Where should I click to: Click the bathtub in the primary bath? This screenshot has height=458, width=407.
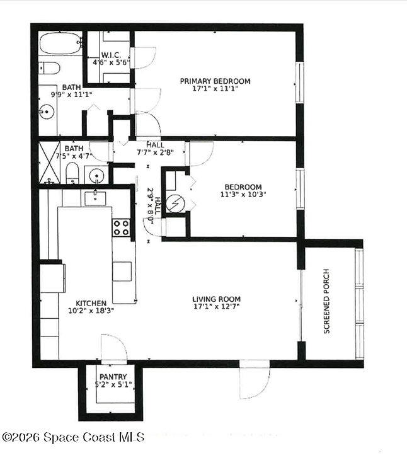pyautogui.click(x=60, y=43)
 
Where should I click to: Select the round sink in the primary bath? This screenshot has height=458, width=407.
pyautogui.click(x=47, y=112)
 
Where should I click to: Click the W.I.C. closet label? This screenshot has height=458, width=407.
pyautogui.click(x=111, y=55)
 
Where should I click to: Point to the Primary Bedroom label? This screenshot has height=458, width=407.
pyautogui.click(x=215, y=81)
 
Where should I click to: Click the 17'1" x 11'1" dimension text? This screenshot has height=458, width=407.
pyautogui.click(x=215, y=88)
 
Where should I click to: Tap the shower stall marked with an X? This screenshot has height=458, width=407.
pyautogui.click(x=49, y=163)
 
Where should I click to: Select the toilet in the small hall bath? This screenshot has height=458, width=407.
pyautogui.click(x=72, y=173)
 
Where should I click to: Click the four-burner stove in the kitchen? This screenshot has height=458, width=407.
pyautogui.click(x=121, y=227)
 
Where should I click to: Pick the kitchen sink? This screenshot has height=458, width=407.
pyautogui.click(x=95, y=198)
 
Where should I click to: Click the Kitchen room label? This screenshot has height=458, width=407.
pyautogui.click(x=91, y=303)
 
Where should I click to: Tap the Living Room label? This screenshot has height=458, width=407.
pyautogui.click(x=217, y=299)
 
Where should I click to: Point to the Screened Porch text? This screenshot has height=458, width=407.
pyautogui.click(x=326, y=301)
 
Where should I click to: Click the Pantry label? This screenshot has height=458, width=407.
pyautogui.click(x=113, y=377)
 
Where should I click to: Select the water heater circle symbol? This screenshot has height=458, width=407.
pyautogui.click(x=175, y=203)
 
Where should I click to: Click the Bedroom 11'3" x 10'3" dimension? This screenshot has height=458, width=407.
pyautogui.click(x=243, y=194)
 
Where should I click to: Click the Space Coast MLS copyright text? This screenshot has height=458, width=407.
pyautogui.click(x=73, y=437)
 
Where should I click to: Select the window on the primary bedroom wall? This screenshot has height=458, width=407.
pyautogui.click(x=300, y=82)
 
